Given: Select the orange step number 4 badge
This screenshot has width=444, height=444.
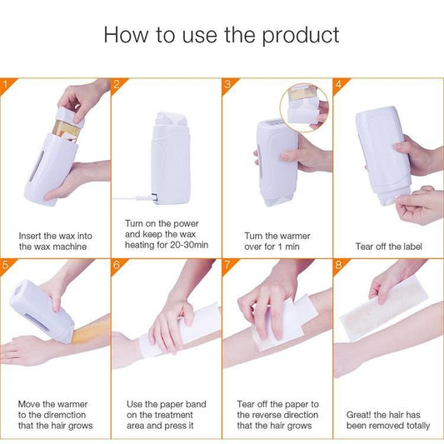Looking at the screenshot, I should pos(338,83).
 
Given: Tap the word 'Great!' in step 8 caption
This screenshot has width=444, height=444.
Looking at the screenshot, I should pos(362,414).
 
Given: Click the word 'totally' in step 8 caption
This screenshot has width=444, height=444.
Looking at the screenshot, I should pos(415,426).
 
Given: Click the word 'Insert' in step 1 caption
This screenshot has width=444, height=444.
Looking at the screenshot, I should pos(31,236).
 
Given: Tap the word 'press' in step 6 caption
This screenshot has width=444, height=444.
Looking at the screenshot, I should pos(179,426).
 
